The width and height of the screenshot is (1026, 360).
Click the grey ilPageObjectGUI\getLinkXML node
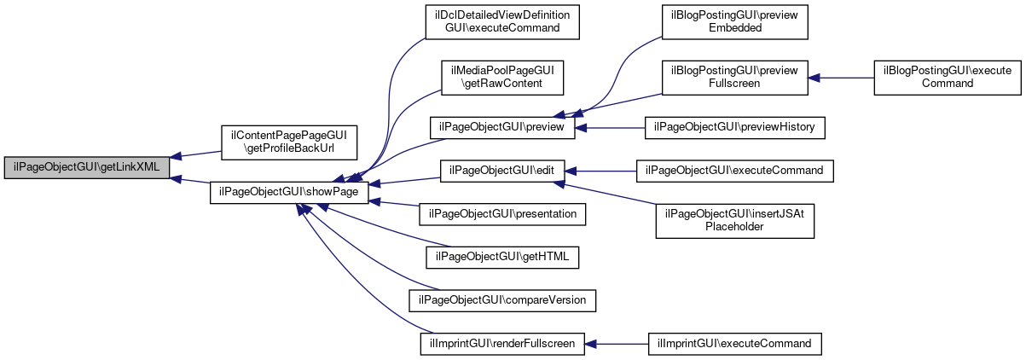87,168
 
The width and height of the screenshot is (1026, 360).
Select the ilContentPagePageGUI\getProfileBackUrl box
289,142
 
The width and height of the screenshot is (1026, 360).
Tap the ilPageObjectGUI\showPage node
289,193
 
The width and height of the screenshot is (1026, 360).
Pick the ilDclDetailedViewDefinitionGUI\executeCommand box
502,22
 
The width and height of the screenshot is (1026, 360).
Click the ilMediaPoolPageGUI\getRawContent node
502,78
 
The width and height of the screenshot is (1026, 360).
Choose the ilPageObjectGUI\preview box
502,128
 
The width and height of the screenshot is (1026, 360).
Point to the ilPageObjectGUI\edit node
502,171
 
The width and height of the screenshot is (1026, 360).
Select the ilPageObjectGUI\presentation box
502,214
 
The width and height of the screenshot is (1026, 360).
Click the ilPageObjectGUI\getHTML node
502,258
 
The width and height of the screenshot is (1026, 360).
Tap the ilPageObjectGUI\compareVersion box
502,301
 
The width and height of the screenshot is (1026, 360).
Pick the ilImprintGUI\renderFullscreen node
502,344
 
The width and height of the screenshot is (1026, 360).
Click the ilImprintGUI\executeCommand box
734,344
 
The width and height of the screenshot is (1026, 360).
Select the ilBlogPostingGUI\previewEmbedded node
734,22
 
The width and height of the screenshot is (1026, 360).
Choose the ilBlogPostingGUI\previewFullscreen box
734,78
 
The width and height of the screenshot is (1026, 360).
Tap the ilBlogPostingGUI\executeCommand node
948,78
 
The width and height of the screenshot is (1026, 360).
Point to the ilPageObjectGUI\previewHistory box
734,128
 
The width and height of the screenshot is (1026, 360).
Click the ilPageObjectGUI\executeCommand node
734,171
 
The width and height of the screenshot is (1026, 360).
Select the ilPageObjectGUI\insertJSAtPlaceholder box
734,221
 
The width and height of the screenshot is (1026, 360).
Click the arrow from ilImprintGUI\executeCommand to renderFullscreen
617,344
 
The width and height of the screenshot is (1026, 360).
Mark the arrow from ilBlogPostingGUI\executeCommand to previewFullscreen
841,78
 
